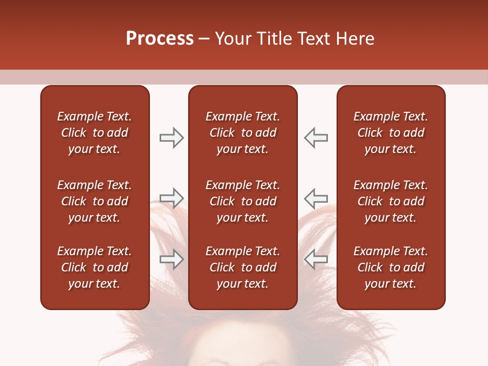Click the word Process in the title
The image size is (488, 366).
point(160,39)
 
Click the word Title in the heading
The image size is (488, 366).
point(273,39)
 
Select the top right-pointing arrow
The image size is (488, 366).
point(171,138)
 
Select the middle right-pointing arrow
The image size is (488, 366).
point(171,197)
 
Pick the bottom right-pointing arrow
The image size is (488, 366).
point(171,259)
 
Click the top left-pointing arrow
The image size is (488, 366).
point(316,138)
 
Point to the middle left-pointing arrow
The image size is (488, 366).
point(316,197)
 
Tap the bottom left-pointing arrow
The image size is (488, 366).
point(316,259)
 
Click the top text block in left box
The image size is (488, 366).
point(95,133)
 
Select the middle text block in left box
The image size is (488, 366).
point(95,201)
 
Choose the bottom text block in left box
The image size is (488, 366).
point(95,267)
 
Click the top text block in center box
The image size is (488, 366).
point(242,133)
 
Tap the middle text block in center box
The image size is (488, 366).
point(242,201)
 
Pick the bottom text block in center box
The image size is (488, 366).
point(242,267)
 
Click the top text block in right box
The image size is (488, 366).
point(390,133)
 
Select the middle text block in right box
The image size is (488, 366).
point(390,201)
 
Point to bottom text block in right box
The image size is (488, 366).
point(390,267)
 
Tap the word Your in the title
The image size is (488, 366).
point(233,39)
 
